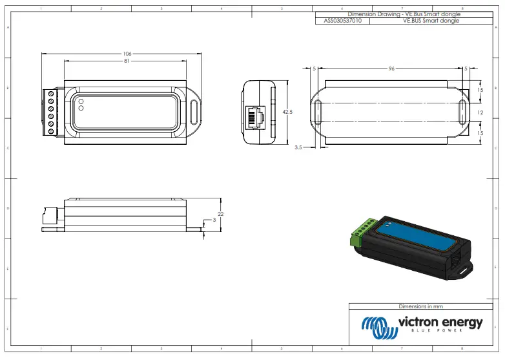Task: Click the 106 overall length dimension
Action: pyautogui.click(x=127, y=53)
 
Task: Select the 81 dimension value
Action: pyautogui.click(x=127, y=61)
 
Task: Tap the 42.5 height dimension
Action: pyautogui.click(x=288, y=112)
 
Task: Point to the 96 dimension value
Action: pyautogui.click(x=391, y=68)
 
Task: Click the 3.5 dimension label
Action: pyautogui.click(x=298, y=147)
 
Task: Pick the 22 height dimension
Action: pyautogui.click(x=220, y=214)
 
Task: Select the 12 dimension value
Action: pyautogui.click(x=480, y=112)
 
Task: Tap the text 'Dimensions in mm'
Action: pyautogui.click(x=421, y=306)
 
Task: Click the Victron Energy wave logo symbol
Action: pyautogui.click(x=378, y=326)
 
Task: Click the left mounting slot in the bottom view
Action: pyautogui.click(x=317, y=112)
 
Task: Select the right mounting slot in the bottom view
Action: pyautogui.click(x=462, y=112)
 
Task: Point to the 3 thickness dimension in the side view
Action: pyautogui.click(x=214, y=220)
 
